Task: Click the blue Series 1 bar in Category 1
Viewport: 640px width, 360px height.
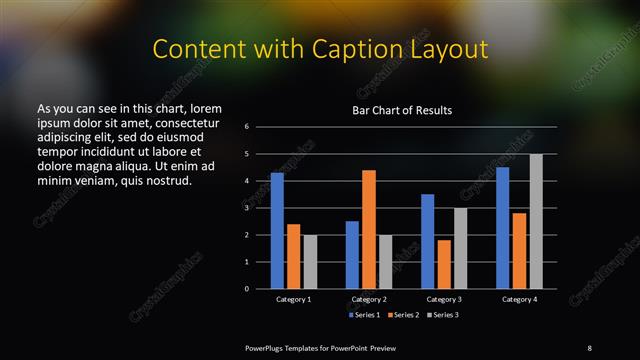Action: tap(277, 231)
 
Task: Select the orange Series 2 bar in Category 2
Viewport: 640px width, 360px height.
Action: tap(369, 229)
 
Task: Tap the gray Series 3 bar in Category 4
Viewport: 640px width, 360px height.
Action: tap(536, 221)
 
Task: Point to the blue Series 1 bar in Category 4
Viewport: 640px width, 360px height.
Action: tap(503, 228)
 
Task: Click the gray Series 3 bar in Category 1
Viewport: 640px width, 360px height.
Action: tap(310, 262)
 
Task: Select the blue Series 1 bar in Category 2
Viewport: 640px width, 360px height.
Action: tap(352, 255)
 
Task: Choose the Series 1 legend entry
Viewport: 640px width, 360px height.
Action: tap(363, 314)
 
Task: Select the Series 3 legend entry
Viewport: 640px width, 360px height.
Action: tap(444, 314)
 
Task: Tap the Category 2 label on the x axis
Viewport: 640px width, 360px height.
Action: tap(369, 299)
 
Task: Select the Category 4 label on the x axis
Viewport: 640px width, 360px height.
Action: tap(519, 299)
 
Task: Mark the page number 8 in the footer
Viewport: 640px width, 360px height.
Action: tap(589, 347)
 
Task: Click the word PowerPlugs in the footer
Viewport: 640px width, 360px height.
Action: tap(266, 347)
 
